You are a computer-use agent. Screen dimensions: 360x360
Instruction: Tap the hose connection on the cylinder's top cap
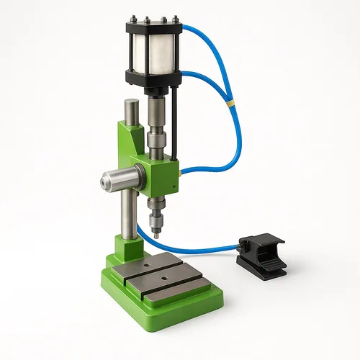coord(181,29)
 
